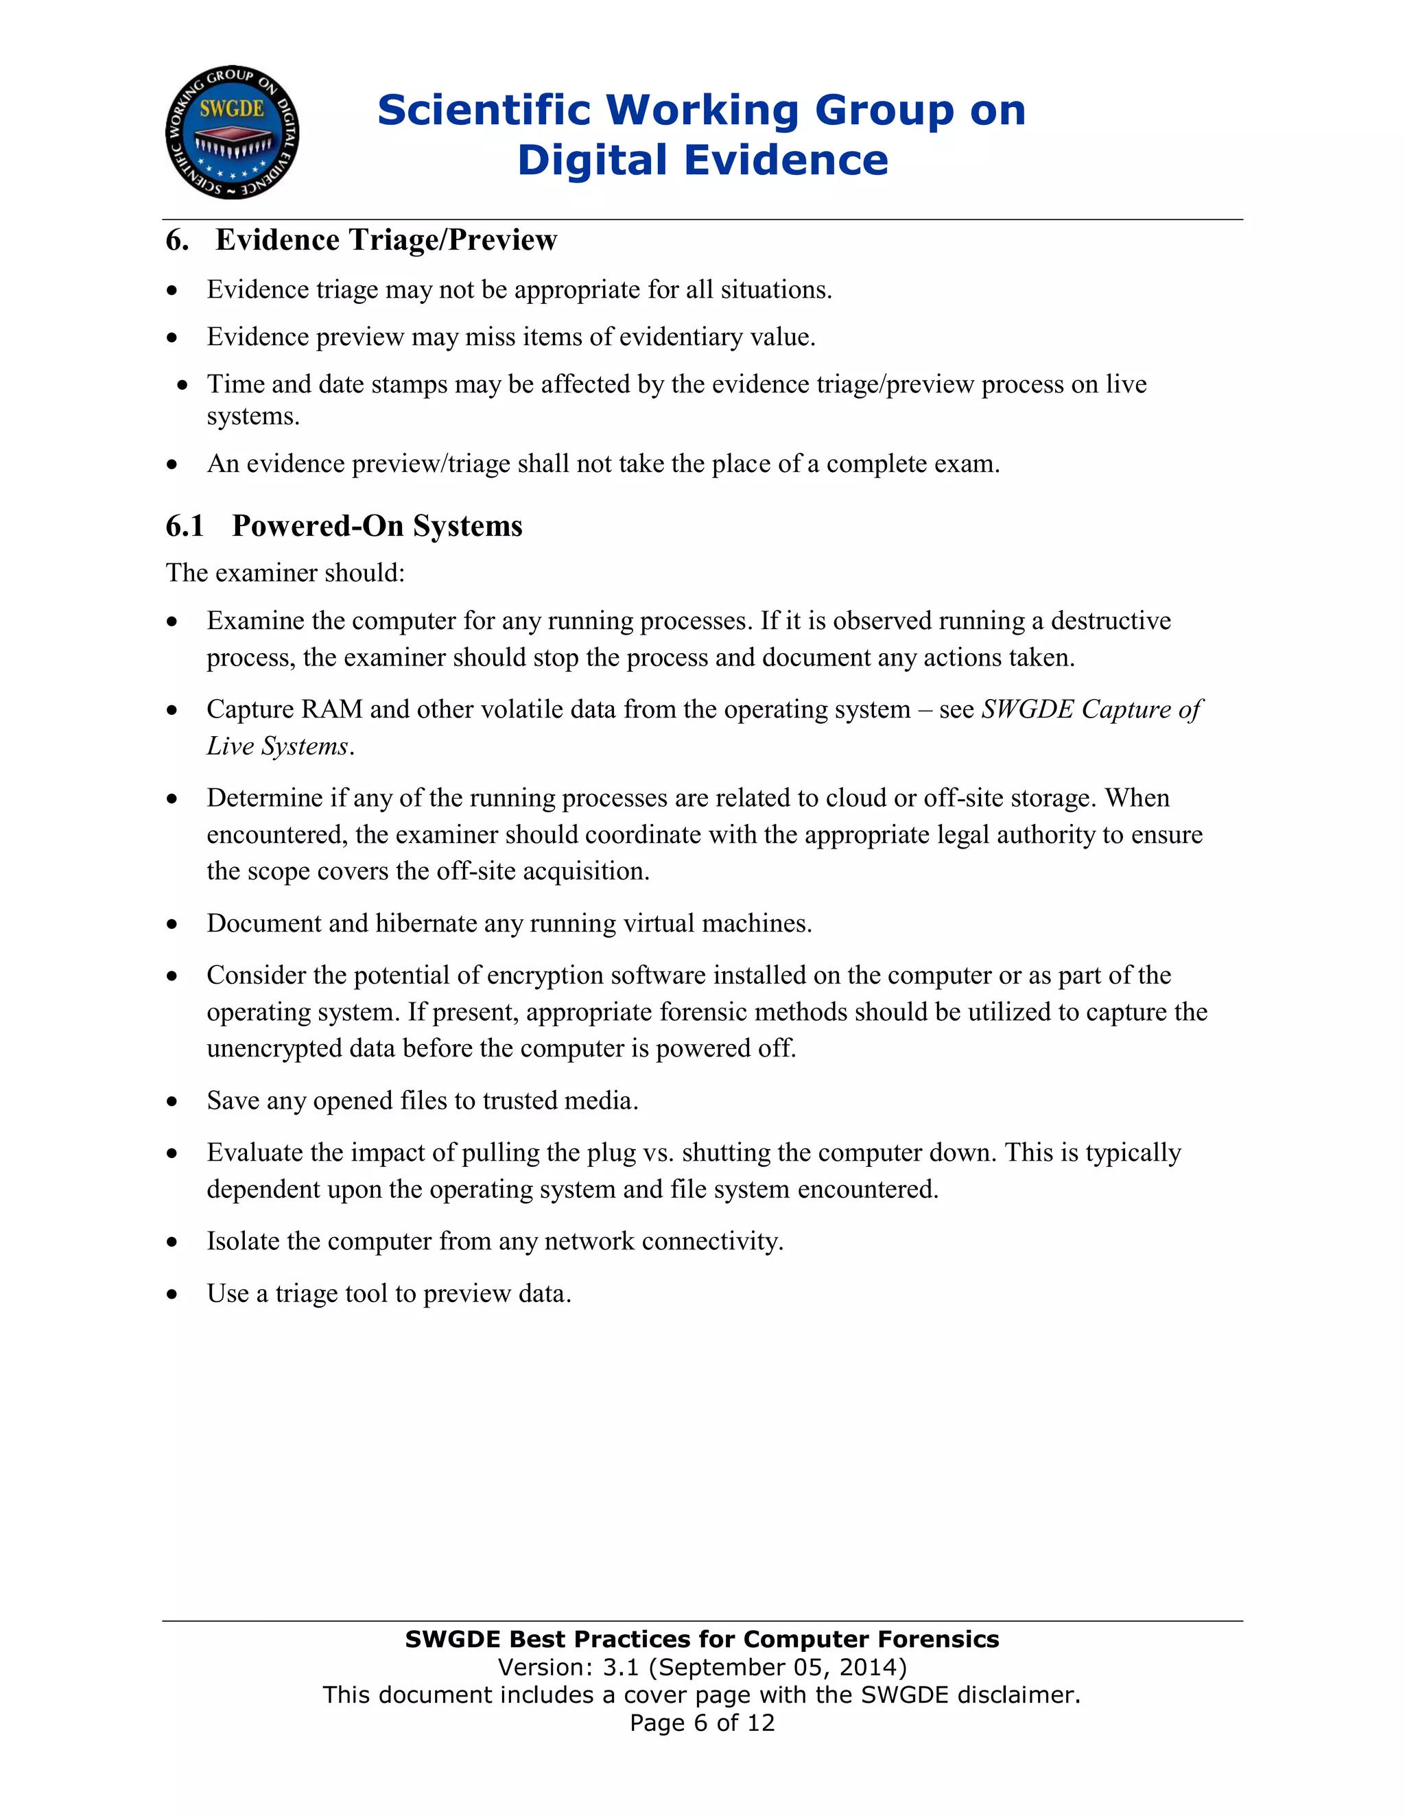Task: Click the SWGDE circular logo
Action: click(x=233, y=132)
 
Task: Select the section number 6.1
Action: click(x=185, y=526)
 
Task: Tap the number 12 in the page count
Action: click(x=761, y=1722)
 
